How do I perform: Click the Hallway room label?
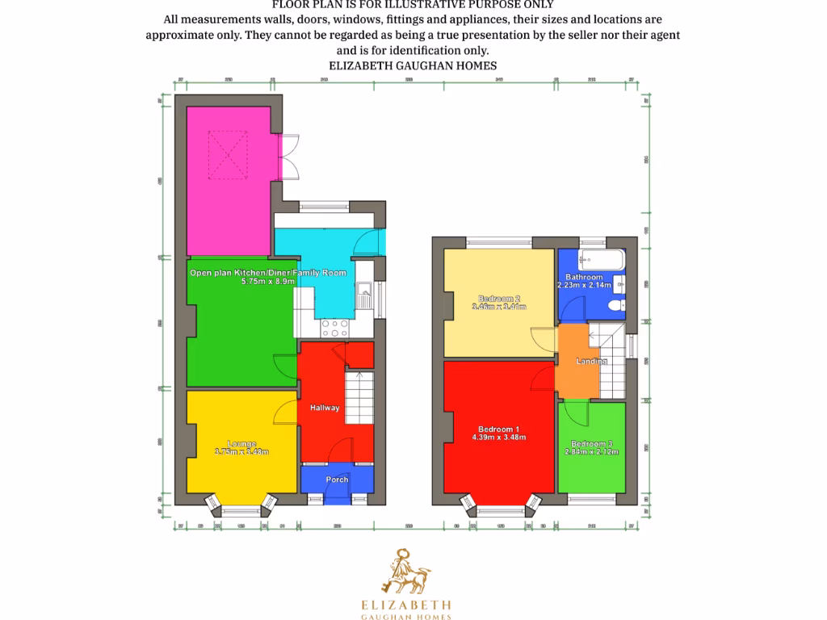[x=325, y=408]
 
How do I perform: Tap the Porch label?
[x=337, y=480]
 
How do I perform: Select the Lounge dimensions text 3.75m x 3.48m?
[x=242, y=452]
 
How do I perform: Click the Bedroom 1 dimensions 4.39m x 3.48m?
[x=499, y=438]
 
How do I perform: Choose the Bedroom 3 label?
[x=591, y=443]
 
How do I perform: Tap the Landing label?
[x=591, y=361]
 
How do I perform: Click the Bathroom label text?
[x=584, y=277]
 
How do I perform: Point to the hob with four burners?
[x=334, y=327]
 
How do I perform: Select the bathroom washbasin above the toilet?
[x=619, y=283]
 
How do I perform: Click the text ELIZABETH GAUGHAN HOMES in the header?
[x=413, y=65]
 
